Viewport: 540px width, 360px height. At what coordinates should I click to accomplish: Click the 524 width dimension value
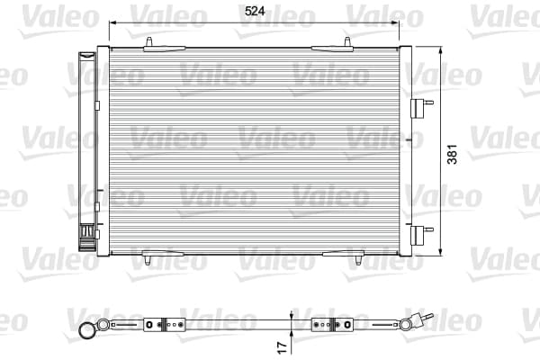pyautogui.click(x=255, y=11)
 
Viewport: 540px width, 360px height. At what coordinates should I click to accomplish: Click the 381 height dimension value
pyautogui.click(x=452, y=154)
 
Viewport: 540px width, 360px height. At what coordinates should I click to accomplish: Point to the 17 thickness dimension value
pyautogui.click(x=282, y=347)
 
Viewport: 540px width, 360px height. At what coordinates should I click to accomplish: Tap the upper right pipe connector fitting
pyautogui.click(x=422, y=108)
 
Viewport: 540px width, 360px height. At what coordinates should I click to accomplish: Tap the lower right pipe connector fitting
pyautogui.click(x=422, y=235)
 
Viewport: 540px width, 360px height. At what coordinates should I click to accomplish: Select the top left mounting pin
pyautogui.click(x=148, y=42)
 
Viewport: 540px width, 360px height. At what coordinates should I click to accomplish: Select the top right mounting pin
pyautogui.click(x=347, y=42)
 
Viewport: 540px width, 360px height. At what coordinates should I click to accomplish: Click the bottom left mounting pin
pyautogui.click(x=148, y=260)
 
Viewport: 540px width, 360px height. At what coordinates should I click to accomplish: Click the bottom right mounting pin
pyautogui.click(x=358, y=260)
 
